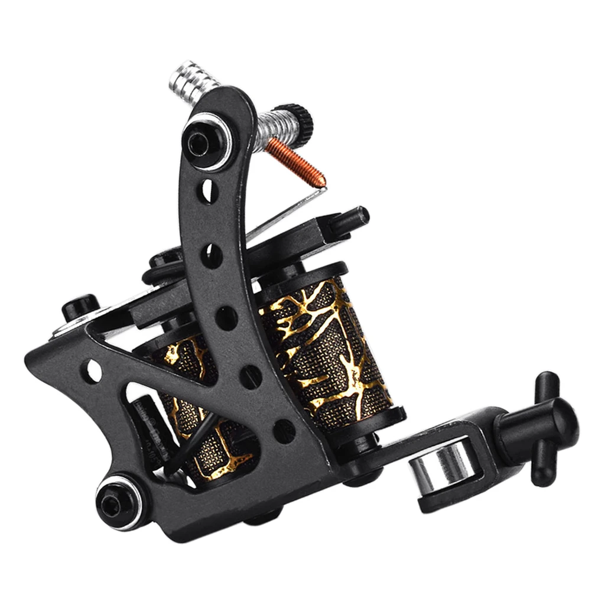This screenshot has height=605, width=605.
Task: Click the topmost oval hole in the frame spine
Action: pos(208,190)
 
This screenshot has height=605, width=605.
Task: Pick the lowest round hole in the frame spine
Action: pos(284,431)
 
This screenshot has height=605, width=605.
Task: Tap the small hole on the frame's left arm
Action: pos(94,371)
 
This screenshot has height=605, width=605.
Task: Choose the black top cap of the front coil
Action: pos(301,276)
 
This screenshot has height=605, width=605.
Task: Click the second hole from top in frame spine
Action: pos(212,255)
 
